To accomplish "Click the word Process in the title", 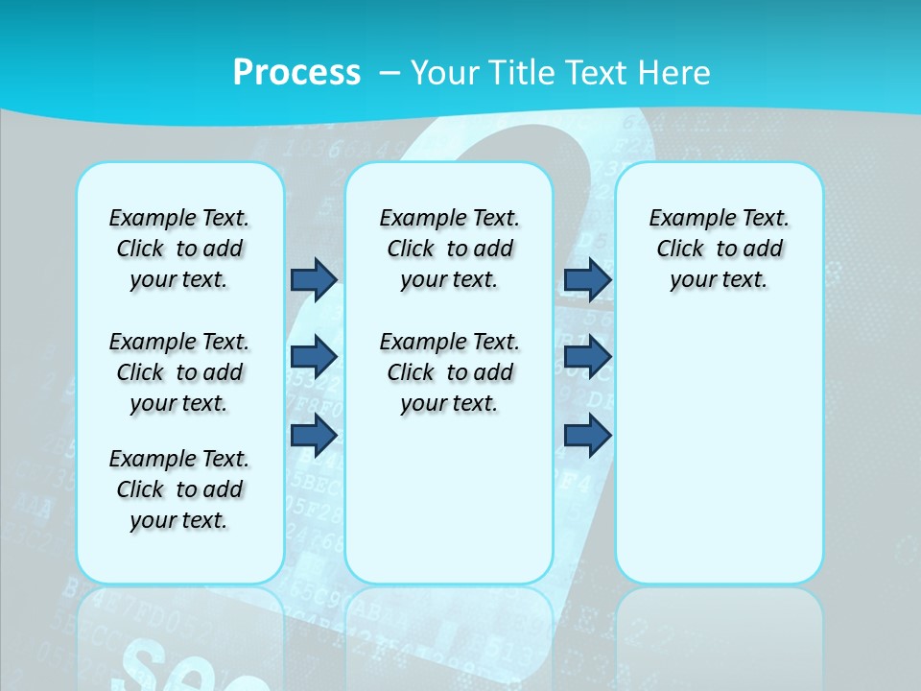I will point(296,73).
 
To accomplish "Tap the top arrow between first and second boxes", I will point(314,279).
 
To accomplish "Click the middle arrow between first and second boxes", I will point(314,357).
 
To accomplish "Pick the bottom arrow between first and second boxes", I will point(314,436).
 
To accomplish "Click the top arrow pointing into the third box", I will point(587,279).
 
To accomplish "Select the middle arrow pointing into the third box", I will point(587,357).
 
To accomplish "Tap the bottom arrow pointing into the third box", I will point(587,436).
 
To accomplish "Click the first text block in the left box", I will point(179,249).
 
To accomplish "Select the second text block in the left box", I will point(179,372).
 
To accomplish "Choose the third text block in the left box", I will point(179,489).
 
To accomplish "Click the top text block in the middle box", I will point(449,249).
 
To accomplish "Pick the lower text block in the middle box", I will point(449,372).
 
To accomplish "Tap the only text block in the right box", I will point(719,249).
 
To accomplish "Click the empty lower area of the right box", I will point(719,451).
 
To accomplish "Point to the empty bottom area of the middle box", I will point(449,509).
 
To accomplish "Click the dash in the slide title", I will point(390,73).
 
